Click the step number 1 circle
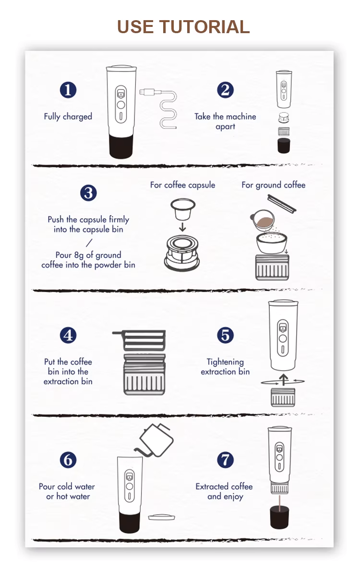pyautogui.click(x=68, y=90)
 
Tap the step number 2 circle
pyautogui.click(x=225, y=90)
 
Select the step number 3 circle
pyautogui.click(x=88, y=193)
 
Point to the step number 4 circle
pyautogui.click(x=68, y=335)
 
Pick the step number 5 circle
pyautogui.click(x=225, y=335)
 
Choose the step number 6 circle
pyautogui.click(x=68, y=460)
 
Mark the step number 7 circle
pyautogui.click(x=225, y=460)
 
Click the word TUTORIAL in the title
pyautogui.click(x=204, y=27)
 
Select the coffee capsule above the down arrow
pyautogui.click(x=183, y=209)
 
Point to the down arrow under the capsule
pyautogui.click(x=182, y=227)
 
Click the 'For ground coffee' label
pyautogui.click(x=274, y=185)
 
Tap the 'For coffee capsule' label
pyautogui.click(x=182, y=185)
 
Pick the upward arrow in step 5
pyautogui.click(x=284, y=380)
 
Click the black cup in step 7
pyautogui.click(x=279, y=517)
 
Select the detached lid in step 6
pyautogui.click(x=162, y=517)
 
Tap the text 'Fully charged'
pyautogui.click(x=68, y=117)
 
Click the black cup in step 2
pyautogui.click(x=284, y=145)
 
